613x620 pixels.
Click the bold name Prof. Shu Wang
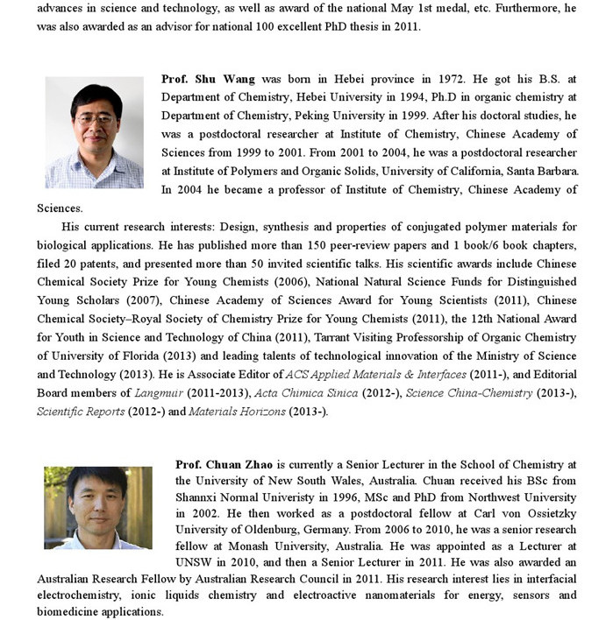pyautogui.click(x=208, y=79)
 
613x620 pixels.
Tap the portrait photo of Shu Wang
pyautogui.click(x=94, y=132)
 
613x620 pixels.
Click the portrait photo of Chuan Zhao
pyautogui.click(x=98, y=508)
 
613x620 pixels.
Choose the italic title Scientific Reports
pyautogui.click(x=81, y=412)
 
